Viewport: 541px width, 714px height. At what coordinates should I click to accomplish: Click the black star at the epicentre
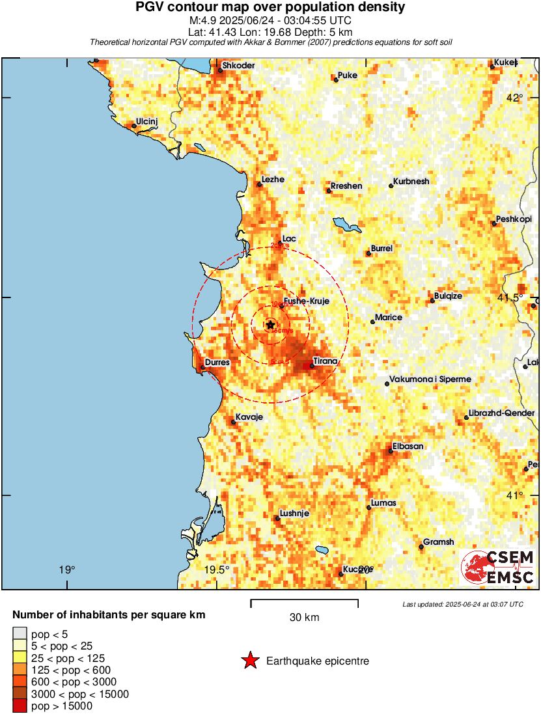tap(270, 324)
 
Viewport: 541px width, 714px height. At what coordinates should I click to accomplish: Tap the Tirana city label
tap(326, 361)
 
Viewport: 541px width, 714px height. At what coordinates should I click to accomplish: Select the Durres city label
tap(216, 362)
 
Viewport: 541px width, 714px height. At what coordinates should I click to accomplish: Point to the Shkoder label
tap(238, 66)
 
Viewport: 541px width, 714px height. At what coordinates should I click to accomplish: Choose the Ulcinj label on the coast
tap(146, 122)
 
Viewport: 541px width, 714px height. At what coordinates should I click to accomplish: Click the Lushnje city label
tap(294, 513)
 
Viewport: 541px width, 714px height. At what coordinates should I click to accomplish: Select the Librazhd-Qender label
tap(501, 413)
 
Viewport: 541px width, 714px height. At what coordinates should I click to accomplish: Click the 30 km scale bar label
tap(304, 617)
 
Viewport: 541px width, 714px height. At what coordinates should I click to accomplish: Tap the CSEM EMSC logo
tap(499, 566)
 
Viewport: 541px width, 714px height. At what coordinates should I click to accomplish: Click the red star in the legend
tap(250, 661)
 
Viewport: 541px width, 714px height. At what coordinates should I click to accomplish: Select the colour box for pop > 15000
tap(20, 706)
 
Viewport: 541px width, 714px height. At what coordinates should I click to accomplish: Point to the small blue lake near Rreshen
tap(347, 225)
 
